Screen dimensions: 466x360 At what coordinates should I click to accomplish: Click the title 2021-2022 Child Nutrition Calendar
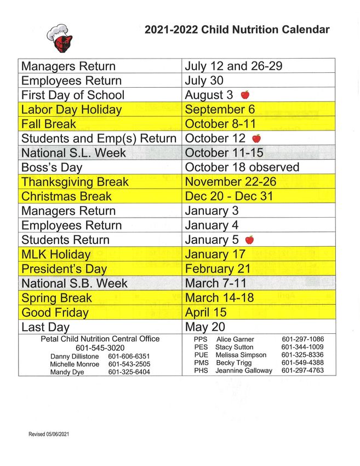tap(237, 30)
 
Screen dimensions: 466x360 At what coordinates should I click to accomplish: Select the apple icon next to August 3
tap(245, 95)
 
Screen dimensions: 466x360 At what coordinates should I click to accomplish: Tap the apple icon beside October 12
tap(256, 138)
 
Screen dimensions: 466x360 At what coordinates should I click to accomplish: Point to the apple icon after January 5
tap(249, 240)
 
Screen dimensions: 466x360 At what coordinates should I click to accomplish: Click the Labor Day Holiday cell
tap(71, 110)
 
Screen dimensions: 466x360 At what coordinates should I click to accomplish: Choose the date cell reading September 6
tap(220, 110)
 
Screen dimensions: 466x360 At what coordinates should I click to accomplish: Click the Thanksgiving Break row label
tap(75, 182)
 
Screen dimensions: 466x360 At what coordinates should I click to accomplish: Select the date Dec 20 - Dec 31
tap(228, 196)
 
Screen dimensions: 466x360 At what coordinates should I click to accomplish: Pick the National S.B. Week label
tap(74, 283)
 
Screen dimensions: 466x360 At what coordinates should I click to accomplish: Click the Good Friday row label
tap(55, 312)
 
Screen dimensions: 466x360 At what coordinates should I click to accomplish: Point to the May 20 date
tap(204, 327)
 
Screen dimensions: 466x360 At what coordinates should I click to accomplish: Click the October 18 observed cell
tap(242, 167)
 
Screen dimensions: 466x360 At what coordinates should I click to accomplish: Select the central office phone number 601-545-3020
tap(100, 348)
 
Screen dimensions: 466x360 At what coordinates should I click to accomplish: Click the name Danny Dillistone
tap(75, 356)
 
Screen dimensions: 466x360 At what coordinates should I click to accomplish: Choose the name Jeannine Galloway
tap(243, 371)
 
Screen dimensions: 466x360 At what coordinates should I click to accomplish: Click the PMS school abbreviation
tap(201, 363)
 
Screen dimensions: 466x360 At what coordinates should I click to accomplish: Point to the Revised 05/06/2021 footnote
tap(49, 434)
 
